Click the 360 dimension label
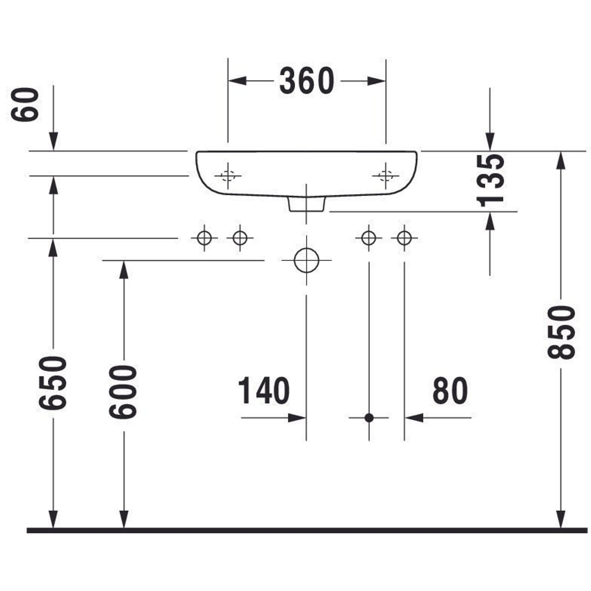point(306,81)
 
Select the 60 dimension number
point(25,105)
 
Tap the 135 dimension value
point(490,181)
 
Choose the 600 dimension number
point(123,392)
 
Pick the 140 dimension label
point(264,391)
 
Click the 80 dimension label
point(450,391)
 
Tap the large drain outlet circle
point(306,260)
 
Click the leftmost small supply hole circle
point(204,238)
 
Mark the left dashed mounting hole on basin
point(228,176)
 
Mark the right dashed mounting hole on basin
point(385,176)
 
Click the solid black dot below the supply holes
point(369,418)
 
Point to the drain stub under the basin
point(306,204)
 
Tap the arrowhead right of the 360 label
point(376,81)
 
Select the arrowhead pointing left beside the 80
point(414,418)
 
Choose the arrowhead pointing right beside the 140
point(297,418)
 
